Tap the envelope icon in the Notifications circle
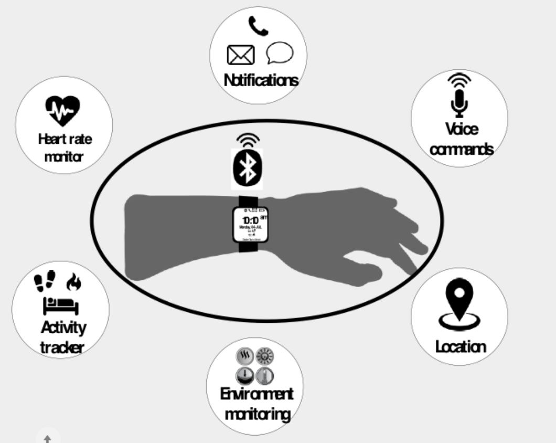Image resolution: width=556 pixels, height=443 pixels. click(x=241, y=55)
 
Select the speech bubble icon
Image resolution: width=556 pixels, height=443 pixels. click(x=280, y=52)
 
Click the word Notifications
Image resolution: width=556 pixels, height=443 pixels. click(x=261, y=80)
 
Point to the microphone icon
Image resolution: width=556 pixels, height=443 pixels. click(x=459, y=102)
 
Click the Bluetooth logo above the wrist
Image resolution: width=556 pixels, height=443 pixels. click(x=247, y=168)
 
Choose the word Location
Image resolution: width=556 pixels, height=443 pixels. click(x=461, y=346)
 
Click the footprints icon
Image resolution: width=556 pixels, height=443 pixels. click(x=44, y=282)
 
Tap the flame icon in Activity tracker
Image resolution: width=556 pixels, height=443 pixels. click(x=74, y=283)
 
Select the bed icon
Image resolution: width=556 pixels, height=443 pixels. click(x=60, y=305)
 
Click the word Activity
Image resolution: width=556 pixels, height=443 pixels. click(x=63, y=328)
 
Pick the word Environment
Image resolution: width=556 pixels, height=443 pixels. click(x=256, y=394)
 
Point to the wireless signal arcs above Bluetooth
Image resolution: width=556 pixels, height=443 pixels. click(x=248, y=140)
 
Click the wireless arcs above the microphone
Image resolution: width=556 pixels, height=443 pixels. click(x=459, y=80)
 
